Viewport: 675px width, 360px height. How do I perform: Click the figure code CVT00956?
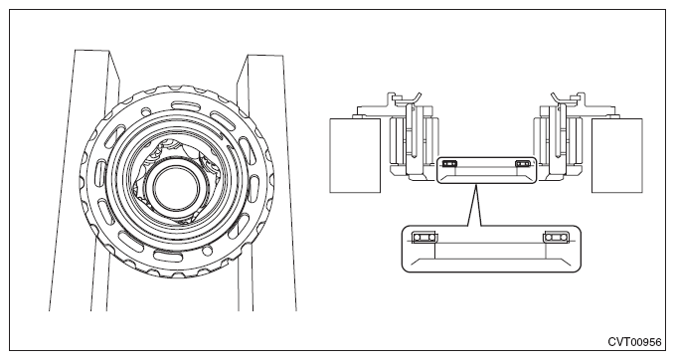click(x=634, y=342)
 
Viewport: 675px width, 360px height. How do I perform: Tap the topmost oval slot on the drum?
click(x=184, y=105)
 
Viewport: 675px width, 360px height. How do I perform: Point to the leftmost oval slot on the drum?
click(x=101, y=169)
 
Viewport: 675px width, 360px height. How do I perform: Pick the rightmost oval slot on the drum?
click(x=255, y=186)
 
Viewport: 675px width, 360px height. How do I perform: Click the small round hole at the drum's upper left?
click(x=146, y=110)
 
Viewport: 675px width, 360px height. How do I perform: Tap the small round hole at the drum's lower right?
click(x=208, y=250)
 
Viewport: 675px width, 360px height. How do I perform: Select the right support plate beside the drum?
click(x=266, y=183)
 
